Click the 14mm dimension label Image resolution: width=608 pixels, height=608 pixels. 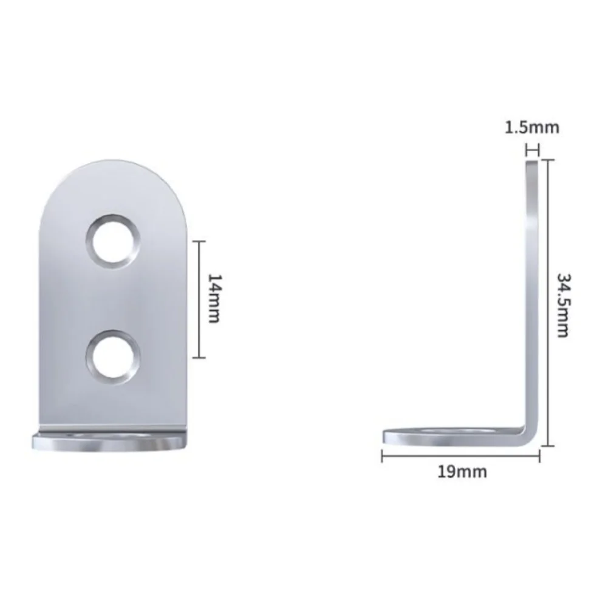[x=213, y=299]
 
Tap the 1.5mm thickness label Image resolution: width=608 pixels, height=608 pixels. [x=532, y=128]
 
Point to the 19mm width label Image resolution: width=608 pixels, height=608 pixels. [x=462, y=471]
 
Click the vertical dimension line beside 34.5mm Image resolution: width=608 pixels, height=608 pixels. [x=548, y=304]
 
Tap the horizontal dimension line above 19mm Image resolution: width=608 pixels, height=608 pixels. [x=462, y=456]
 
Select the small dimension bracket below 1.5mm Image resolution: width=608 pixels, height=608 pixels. [x=532, y=149]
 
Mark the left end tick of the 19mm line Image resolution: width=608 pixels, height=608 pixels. [x=382, y=456]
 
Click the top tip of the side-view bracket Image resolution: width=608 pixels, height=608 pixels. [x=532, y=162]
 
